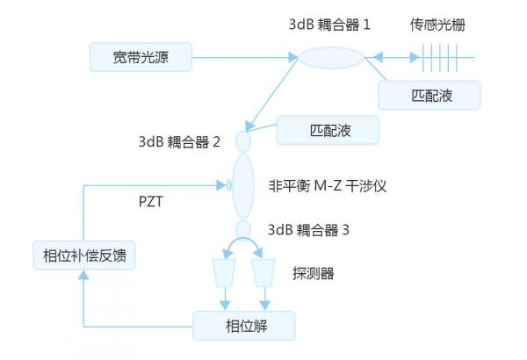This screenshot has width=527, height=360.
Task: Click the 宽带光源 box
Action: (141, 59)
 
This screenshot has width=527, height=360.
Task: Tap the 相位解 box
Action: (244, 327)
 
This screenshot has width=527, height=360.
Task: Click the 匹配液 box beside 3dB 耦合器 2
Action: (328, 132)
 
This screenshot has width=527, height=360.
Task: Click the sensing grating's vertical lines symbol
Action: (436, 59)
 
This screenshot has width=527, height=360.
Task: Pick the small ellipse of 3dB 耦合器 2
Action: (243, 140)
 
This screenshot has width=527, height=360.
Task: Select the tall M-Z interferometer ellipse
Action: (243, 186)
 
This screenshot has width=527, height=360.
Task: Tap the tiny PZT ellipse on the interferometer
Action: (229, 185)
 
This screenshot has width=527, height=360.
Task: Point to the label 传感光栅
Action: (436, 25)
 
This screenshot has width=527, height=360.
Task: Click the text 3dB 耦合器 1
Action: (329, 25)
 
